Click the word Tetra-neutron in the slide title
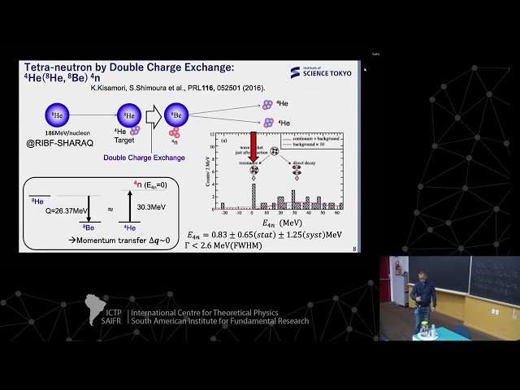coord(54,67)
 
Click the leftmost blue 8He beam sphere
coord(54,115)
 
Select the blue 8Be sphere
coord(175,115)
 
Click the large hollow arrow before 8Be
coord(154,115)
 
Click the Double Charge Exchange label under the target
coord(144,157)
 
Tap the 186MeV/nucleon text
coord(54,133)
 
